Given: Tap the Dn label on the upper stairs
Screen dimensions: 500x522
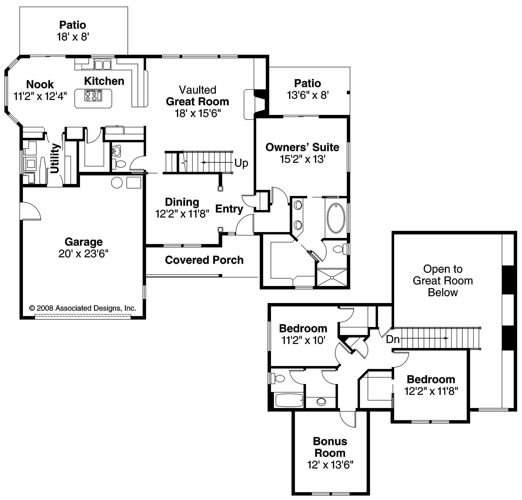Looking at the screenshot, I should click(392, 339).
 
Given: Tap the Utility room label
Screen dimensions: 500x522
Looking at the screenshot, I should click(55, 158).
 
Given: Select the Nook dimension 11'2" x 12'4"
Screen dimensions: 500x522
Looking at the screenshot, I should click(40, 96).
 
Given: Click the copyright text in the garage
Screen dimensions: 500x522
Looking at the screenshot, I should click(82, 308).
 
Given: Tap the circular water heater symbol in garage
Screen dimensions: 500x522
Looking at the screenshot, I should click(117, 183).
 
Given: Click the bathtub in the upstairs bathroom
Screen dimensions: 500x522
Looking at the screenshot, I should click(289, 400).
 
